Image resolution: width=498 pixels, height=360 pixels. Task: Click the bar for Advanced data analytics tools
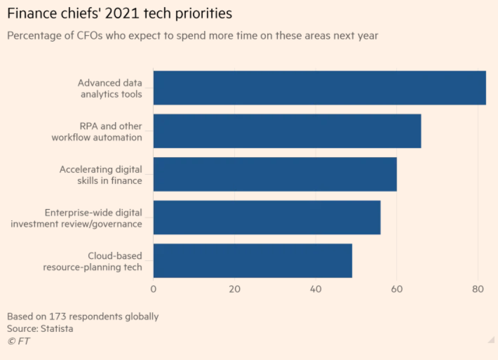319,88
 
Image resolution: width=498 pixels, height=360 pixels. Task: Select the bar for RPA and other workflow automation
287,131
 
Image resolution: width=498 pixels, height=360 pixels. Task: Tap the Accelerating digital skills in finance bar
275,174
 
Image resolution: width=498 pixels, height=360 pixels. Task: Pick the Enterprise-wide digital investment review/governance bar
267,217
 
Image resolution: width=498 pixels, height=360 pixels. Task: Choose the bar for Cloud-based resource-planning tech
253,261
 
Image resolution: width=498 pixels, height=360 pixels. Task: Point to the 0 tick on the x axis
153,289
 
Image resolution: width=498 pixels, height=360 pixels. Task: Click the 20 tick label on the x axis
234,289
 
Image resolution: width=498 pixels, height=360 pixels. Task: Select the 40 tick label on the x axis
316,289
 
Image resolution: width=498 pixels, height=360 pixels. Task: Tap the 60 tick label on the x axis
397,289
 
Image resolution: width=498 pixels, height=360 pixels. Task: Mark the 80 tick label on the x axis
478,289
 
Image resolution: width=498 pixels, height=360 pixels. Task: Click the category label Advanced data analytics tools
110,88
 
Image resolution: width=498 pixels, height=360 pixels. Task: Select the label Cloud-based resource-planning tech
92,261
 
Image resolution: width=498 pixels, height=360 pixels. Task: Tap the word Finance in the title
29,13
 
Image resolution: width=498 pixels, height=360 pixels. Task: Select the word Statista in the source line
57,328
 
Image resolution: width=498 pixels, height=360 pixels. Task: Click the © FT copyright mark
19,341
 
